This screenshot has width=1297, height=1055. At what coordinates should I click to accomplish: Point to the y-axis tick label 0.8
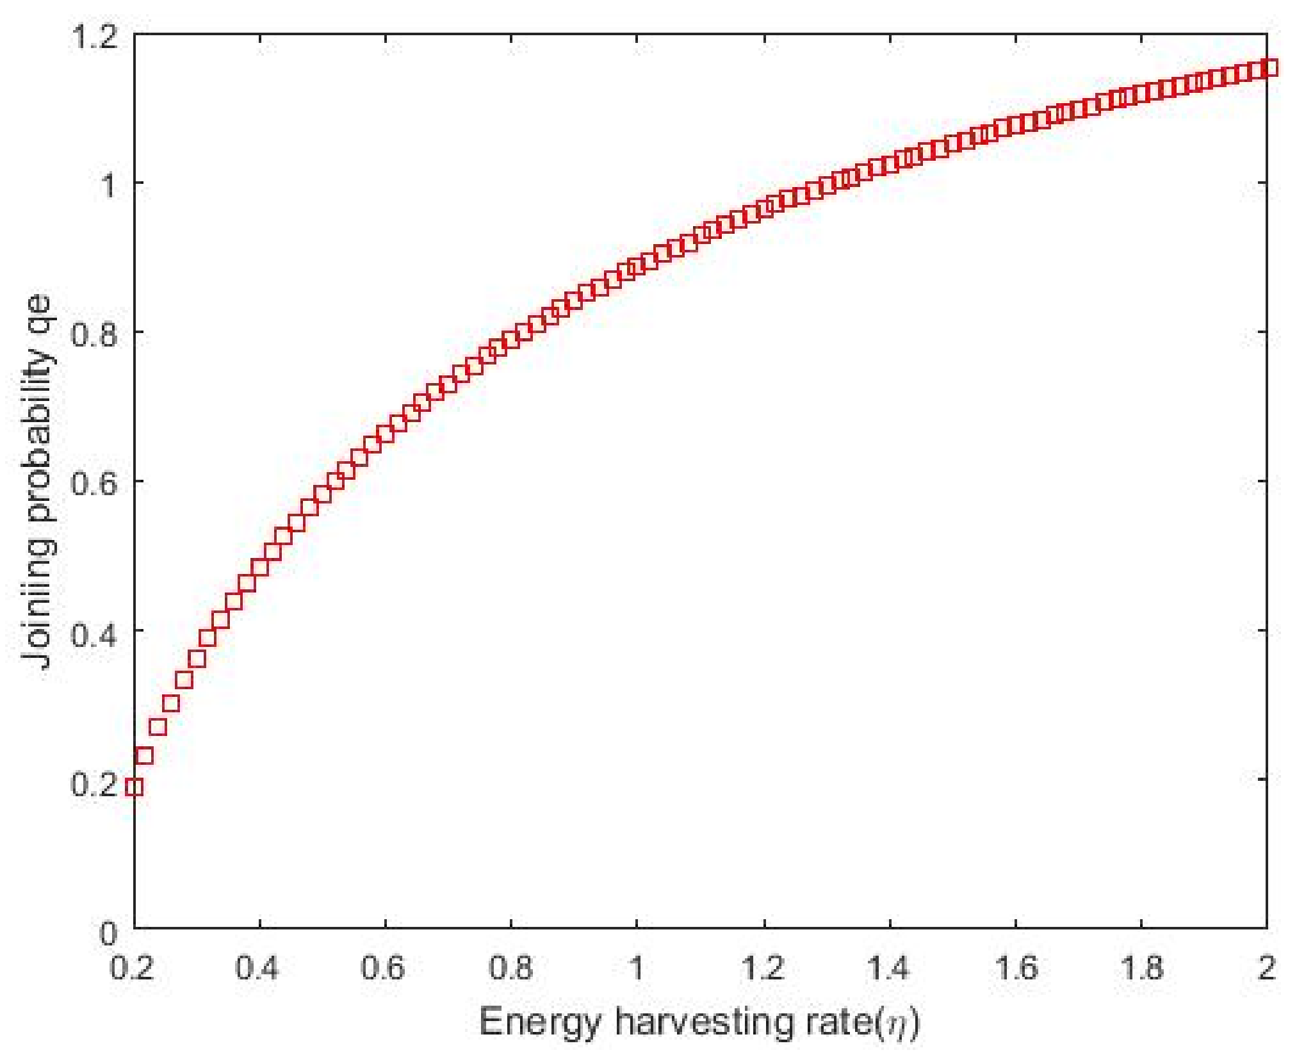[94, 333]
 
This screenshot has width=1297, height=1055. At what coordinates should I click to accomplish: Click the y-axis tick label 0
[109, 933]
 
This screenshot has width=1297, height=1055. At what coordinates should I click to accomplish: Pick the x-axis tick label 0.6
[383, 967]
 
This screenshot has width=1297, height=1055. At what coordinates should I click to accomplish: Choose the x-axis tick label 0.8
[510, 967]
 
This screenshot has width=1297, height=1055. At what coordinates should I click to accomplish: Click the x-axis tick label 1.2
[763, 967]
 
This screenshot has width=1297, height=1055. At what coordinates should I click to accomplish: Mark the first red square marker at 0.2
[134, 787]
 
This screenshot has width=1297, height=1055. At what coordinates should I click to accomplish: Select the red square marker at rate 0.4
[259, 568]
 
